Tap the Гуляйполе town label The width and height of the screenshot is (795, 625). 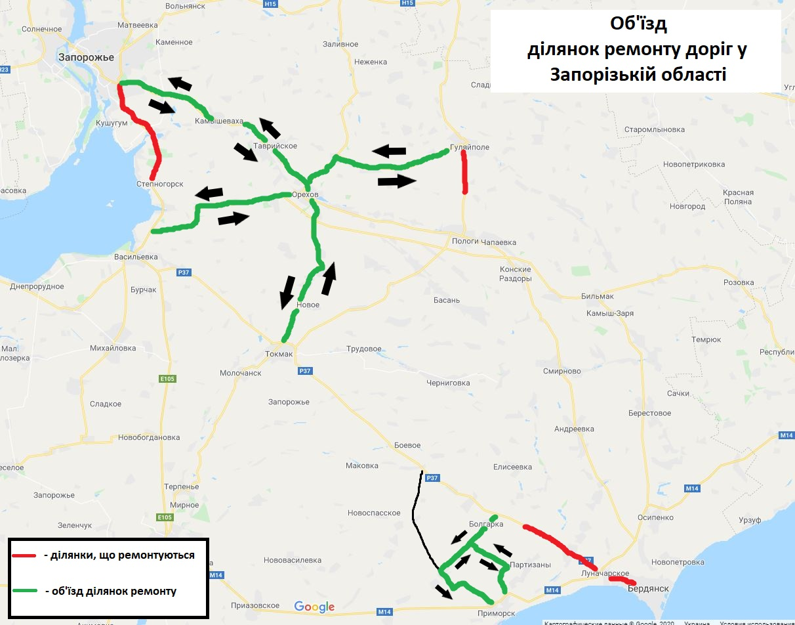pyautogui.click(x=470, y=147)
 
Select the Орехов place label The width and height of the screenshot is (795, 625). pyautogui.click(x=305, y=196)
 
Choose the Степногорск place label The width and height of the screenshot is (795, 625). pyautogui.click(x=160, y=184)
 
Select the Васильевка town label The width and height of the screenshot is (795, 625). pyautogui.click(x=136, y=257)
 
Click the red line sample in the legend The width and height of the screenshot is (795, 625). pyautogui.click(x=24, y=555)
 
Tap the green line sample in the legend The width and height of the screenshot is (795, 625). pyautogui.click(x=24, y=592)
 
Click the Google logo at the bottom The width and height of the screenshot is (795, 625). pyautogui.click(x=314, y=607)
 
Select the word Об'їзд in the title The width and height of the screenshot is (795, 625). pyautogui.click(x=636, y=26)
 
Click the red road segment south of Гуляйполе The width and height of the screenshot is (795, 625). pyautogui.click(x=464, y=172)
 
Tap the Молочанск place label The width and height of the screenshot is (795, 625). pyautogui.click(x=241, y=373)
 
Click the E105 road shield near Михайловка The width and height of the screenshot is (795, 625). pyautogui.click(x=167, y=379)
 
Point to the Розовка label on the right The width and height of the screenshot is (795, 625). pyautogui.click(x=739, y=282)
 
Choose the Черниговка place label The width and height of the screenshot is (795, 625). pyautogui.click(x=448, y=383)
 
